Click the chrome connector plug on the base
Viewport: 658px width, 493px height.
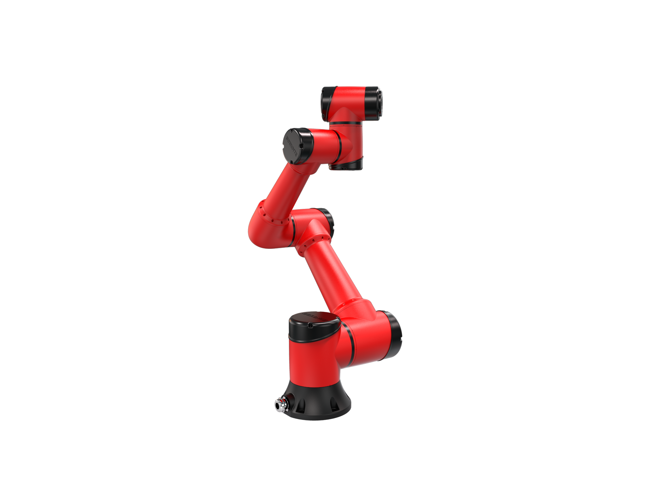tap(281, 405)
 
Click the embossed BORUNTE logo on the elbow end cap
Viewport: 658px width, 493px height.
tap(291, 146)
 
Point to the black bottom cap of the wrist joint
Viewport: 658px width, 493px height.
tap(345, 165)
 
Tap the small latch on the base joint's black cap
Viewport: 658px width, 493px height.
tap(310, 325)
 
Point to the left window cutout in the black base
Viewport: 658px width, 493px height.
tap(301, 406)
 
